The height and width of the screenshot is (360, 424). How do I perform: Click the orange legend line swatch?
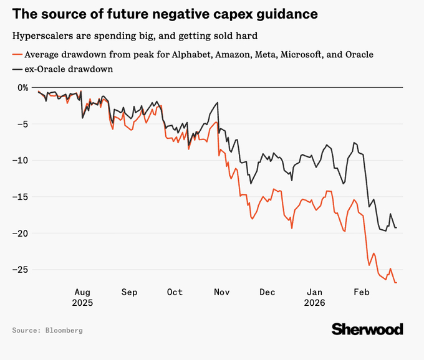click(x=17, y=54)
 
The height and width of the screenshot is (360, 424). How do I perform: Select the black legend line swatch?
click(x=17, y=69)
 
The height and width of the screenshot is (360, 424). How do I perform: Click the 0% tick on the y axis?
click(x=22, y=87)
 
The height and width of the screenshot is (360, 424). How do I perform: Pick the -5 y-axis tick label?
click(x=25, y=124)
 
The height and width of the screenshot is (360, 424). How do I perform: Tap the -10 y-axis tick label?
click(x=22, y=160)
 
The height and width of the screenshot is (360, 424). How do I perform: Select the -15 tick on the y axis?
click(x=22, y=197)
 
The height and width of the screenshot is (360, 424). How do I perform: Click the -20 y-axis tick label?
click(x=22, y=234)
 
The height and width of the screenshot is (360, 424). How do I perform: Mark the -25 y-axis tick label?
click(x=22, y=270)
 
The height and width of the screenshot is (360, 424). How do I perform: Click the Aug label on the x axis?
click(x=82, y=291)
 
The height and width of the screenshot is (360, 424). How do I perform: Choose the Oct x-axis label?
click(x=175, y=291)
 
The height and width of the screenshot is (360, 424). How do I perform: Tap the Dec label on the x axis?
click(x=267, y=291)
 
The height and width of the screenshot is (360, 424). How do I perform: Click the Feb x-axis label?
click(x=361, y=291)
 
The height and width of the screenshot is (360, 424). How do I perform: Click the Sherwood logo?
click(x=367, y=329)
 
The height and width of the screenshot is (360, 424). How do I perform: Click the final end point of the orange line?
click(x=397, y=283)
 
